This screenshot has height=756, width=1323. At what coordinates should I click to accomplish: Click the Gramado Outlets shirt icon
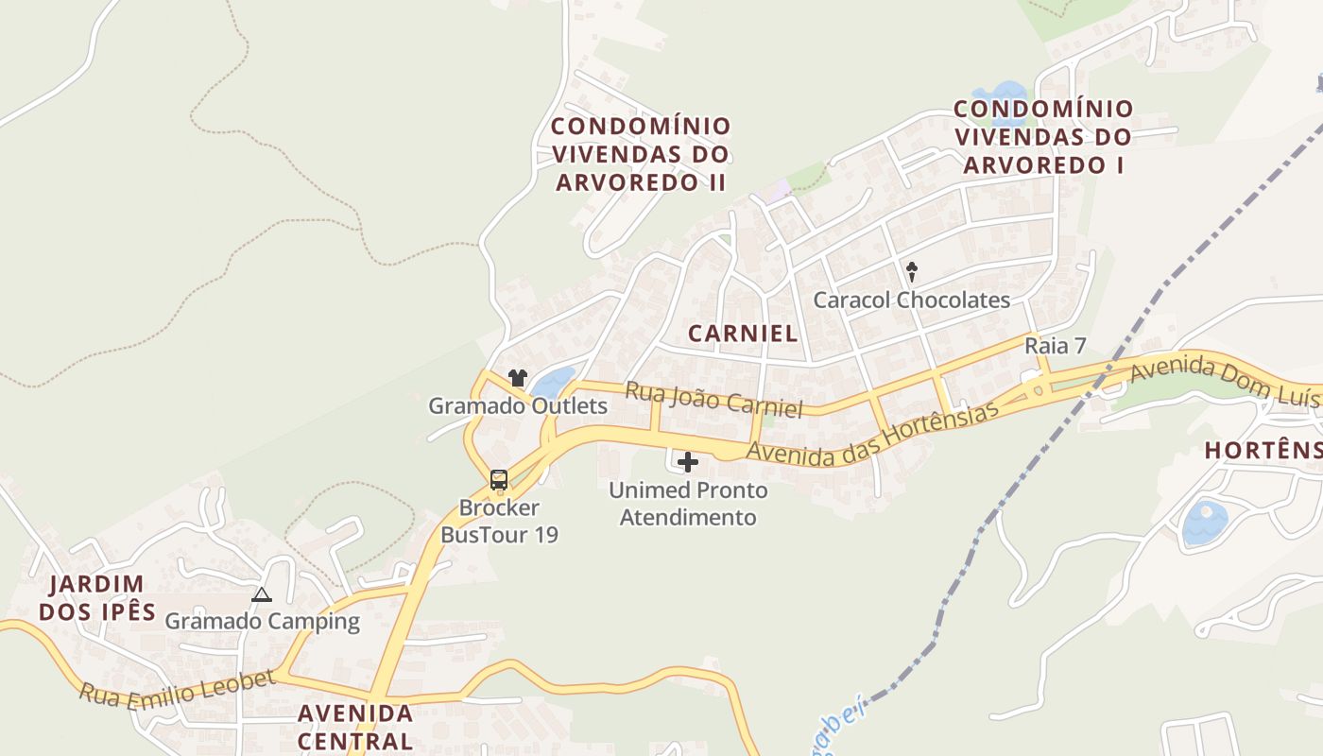click(517, 378)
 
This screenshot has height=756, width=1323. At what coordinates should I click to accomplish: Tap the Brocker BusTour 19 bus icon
click(499, 480)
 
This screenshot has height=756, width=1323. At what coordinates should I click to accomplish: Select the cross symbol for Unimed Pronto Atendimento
click(688, 462)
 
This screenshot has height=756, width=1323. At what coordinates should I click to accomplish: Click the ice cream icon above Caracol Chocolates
click(912, 272)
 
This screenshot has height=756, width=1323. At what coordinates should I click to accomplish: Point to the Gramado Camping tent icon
click(262, 594)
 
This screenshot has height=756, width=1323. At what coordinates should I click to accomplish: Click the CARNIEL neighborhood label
click(743, 333)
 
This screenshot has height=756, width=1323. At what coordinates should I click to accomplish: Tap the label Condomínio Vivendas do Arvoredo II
click(641, 154)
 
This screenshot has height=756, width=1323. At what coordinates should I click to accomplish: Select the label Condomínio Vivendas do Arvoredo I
click(1043, 136)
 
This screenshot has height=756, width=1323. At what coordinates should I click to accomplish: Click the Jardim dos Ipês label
click(97, 597)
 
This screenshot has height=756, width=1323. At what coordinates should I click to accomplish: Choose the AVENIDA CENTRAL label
click(355, 726)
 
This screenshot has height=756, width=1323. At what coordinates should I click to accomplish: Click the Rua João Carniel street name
click(713, 400)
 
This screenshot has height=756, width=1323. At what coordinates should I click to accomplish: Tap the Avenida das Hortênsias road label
click(871, 433)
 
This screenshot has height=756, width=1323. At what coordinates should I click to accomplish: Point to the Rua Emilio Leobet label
click(177, 687)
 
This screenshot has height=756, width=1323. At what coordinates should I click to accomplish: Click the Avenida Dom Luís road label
click(1224, 380)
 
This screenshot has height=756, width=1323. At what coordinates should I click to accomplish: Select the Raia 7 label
click(1055, 346)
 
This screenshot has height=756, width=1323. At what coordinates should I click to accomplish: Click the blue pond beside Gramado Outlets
click(552, 383)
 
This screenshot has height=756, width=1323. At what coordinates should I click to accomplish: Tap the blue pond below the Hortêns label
click(1205, 523)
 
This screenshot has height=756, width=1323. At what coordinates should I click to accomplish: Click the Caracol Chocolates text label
click(912, 301)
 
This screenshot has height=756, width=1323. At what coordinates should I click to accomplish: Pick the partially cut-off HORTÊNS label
click(1263, 451)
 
